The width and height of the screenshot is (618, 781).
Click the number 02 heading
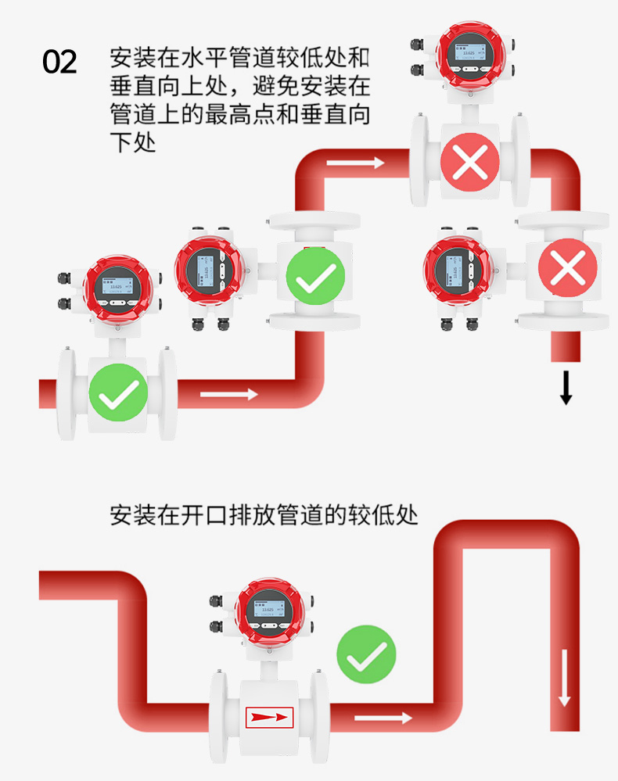pos(59,62)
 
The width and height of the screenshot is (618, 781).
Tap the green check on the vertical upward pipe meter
pos(315,275)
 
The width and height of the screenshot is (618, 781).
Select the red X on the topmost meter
pos(469,163)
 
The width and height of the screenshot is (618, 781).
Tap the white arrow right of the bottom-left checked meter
pos(228,394)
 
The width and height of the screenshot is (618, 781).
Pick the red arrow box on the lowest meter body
pos(269,716)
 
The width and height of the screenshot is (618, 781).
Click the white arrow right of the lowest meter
pos(383,717)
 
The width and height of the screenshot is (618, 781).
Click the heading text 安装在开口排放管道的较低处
pos(264,517)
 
